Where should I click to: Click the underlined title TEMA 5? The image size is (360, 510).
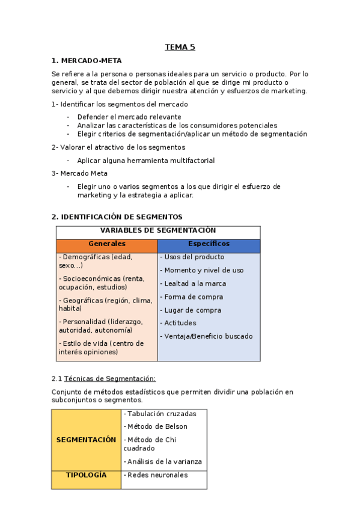pyautogui.click(x=180, y=47)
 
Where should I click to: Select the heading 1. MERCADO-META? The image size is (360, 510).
pyautogui.click(x=87, y=61)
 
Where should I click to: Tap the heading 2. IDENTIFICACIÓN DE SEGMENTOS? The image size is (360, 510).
pyautogui.click(x=117, y=217)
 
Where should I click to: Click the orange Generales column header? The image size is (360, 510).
pyautogui.click(x=107, y=244)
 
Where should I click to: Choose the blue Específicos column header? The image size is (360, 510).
pyautogui.click(x=209, y=244)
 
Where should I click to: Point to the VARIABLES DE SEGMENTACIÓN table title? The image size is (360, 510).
pyautogui.click(x=158, y=231)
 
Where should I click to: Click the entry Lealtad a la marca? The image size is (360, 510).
pyautogui.click(x=195, y=283)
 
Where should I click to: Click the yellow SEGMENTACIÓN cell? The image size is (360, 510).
pyautogui.click(x=86, y=440)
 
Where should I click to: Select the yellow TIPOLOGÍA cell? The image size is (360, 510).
pyautogui.click(x=86, y=475)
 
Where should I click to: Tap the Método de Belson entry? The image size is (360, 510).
pyautogui.click(x=156, y=427)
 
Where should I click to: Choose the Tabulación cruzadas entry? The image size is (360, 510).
pyautogui.click(x=159, y=414)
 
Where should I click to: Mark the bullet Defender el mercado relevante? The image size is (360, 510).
pyautogui.click(x=129, y=117)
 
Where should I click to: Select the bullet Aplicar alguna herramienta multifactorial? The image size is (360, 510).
pyautogui.click(x=145, y=161)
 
